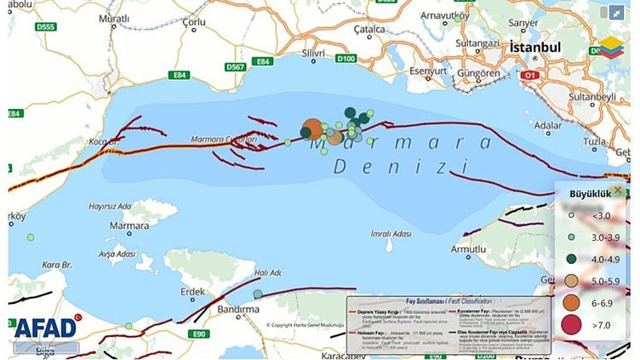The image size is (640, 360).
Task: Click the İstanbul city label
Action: (x=534, y=48)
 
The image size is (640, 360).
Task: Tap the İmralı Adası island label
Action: (x=391, y=234)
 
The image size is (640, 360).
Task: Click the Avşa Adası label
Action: (x=117, y=254)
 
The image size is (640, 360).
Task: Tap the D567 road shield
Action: (x=236, y=66)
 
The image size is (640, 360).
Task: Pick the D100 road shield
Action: (x=346, y=60)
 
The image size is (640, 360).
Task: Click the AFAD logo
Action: (x=45, y=328)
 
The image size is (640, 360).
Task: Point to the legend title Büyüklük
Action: (x=590, y=194)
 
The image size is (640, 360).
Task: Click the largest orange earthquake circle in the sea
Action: (x=313, y=129)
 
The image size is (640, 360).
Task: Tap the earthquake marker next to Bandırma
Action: (x=258, y=294)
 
